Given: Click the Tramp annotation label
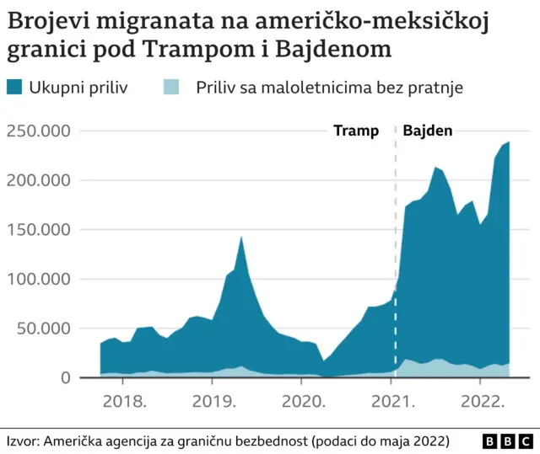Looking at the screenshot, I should tap(356, 131).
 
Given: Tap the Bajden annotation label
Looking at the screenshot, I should tap(428, 131).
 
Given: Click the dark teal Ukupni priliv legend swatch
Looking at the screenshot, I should tap(16, 87).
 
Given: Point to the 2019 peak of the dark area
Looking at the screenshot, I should tap(241, 238).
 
